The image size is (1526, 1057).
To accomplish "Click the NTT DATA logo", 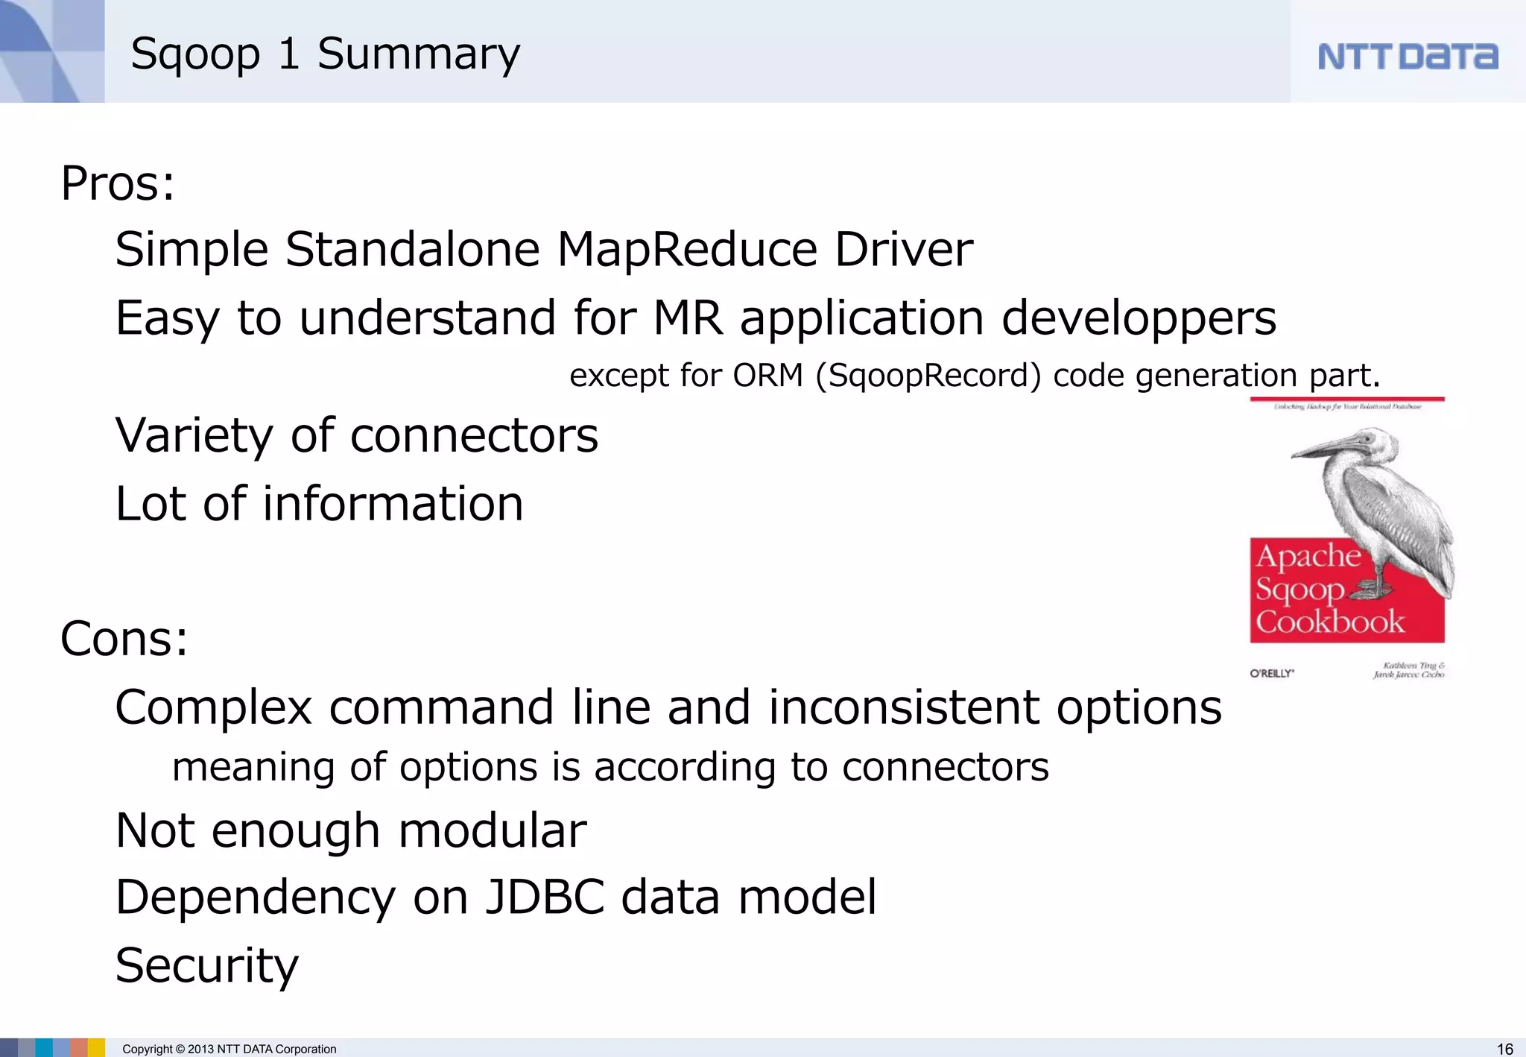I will point(1407,57).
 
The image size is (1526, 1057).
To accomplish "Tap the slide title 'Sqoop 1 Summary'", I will point(325,54).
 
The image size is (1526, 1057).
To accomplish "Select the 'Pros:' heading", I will point(118,183).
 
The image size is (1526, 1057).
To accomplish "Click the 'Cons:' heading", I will point(124,639).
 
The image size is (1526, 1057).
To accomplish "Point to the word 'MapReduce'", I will point(687,249).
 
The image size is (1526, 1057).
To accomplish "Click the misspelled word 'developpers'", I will point(1138,318).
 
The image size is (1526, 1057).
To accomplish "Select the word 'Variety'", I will point(194,435).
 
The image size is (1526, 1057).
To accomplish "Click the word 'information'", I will point(393,504).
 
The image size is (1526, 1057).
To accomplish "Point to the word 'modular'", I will point(493,830).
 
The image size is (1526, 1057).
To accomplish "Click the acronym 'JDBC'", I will point(545,897).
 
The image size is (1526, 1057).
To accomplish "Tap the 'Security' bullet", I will point(206,965).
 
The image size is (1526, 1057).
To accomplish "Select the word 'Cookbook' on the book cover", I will point(1329,622).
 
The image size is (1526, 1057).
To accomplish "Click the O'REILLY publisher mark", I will point(1271,673).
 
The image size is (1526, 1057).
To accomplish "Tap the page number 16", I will point(1504,1049).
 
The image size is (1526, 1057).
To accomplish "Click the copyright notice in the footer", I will point(229,1049).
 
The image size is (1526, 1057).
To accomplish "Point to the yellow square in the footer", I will point(96,1047).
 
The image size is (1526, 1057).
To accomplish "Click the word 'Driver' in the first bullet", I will point(903,249).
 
